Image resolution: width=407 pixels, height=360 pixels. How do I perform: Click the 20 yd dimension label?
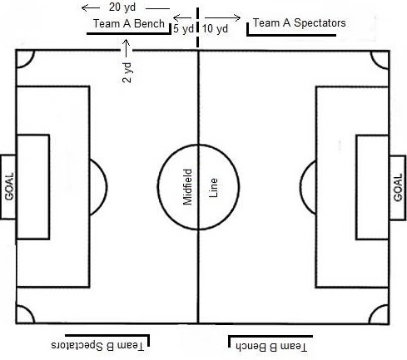[x=122, y=7]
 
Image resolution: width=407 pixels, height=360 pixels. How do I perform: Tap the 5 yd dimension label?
[x=183, y=28]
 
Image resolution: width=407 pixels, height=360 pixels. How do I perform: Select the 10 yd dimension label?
[x=215, y=28]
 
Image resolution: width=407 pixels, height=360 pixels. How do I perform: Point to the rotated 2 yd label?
[x=127, y=72]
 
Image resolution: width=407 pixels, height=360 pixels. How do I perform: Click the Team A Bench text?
[x=129, y=23]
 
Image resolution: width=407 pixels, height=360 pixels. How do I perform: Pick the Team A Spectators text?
[x=300, y=22]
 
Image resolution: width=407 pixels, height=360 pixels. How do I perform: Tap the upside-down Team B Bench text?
[x=271, y=347]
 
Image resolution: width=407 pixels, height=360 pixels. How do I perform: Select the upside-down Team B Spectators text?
[x=97, y=346]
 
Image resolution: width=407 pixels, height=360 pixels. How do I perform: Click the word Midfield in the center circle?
[x=187, y=187]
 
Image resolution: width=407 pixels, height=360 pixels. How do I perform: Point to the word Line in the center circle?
[x=213, y=188]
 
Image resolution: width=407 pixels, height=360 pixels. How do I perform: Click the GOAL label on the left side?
[x=9, y=187]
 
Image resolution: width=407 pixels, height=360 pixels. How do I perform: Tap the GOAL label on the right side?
[x=398, y=187]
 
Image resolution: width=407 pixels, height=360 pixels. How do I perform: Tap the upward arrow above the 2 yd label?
[x=127, y=48]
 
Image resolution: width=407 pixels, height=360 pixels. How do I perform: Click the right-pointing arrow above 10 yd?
[x=223, y=18]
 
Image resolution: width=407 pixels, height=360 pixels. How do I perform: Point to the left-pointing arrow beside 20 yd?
[x=91, y=8]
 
